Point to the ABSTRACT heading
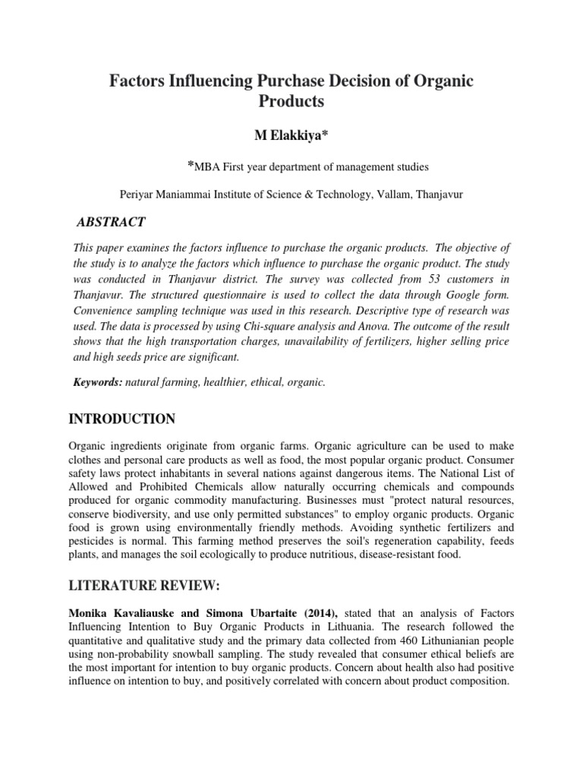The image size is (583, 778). [x=111, y=222]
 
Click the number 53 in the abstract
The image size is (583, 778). [x=433, y=281]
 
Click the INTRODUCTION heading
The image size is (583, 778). [x=122, y=419]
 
